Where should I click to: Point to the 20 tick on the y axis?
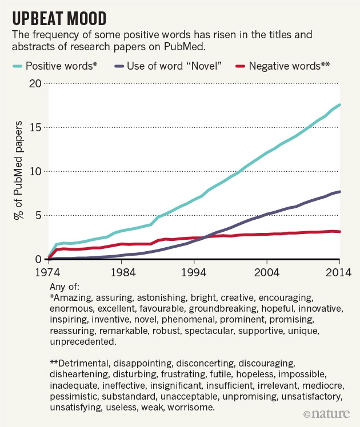tap(35, 83)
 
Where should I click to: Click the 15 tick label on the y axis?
tap(35, 127)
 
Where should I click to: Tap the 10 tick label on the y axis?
tap(35, 171)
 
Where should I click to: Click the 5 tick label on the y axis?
tap(38, 215)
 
